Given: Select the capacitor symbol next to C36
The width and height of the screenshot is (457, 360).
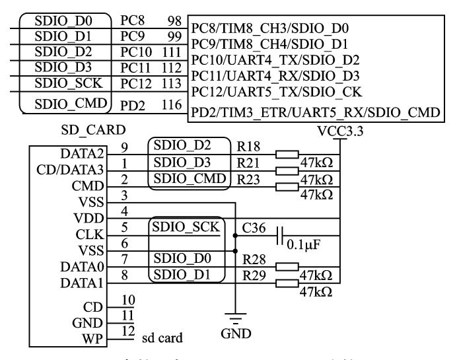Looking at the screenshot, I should pyautogui.click(x=283, y=236).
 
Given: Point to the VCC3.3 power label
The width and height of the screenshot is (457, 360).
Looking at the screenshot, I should pyautogui.click(x=339, y=130).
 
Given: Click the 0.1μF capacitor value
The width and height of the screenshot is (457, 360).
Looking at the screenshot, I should pyautogui.click(x=304, y=246).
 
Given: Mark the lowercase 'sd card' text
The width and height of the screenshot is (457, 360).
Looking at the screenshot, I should pyautogui.click(x=163, y=339).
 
